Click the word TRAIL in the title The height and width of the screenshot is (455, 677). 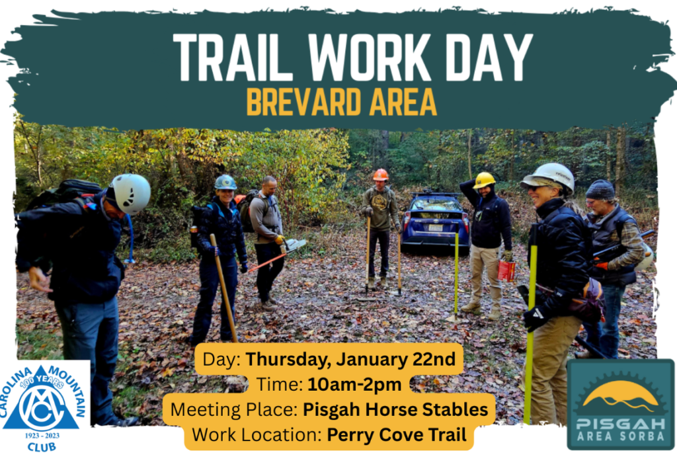(x=233, y=58)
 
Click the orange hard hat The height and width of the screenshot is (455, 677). (x=380, y=175)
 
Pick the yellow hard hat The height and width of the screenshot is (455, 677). (x=483, y=180)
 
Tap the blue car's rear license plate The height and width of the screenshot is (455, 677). (x=435, y=227)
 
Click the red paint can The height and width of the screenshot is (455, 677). (x=506, y=270)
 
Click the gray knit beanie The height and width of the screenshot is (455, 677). (x=600, y=190)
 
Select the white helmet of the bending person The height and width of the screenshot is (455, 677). (x=130, y=193)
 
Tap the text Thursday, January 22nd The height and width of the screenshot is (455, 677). (x=350, y=359)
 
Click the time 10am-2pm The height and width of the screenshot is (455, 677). (x=354, y=384)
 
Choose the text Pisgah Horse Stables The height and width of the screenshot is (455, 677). (x=395, y=409)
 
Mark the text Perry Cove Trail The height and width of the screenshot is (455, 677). (x=397, y=434)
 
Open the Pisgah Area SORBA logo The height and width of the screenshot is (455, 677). (x=620, y=403)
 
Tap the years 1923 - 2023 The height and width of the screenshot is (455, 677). (x=42, y=435)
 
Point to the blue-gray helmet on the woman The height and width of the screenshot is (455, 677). (x=225, y=182)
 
